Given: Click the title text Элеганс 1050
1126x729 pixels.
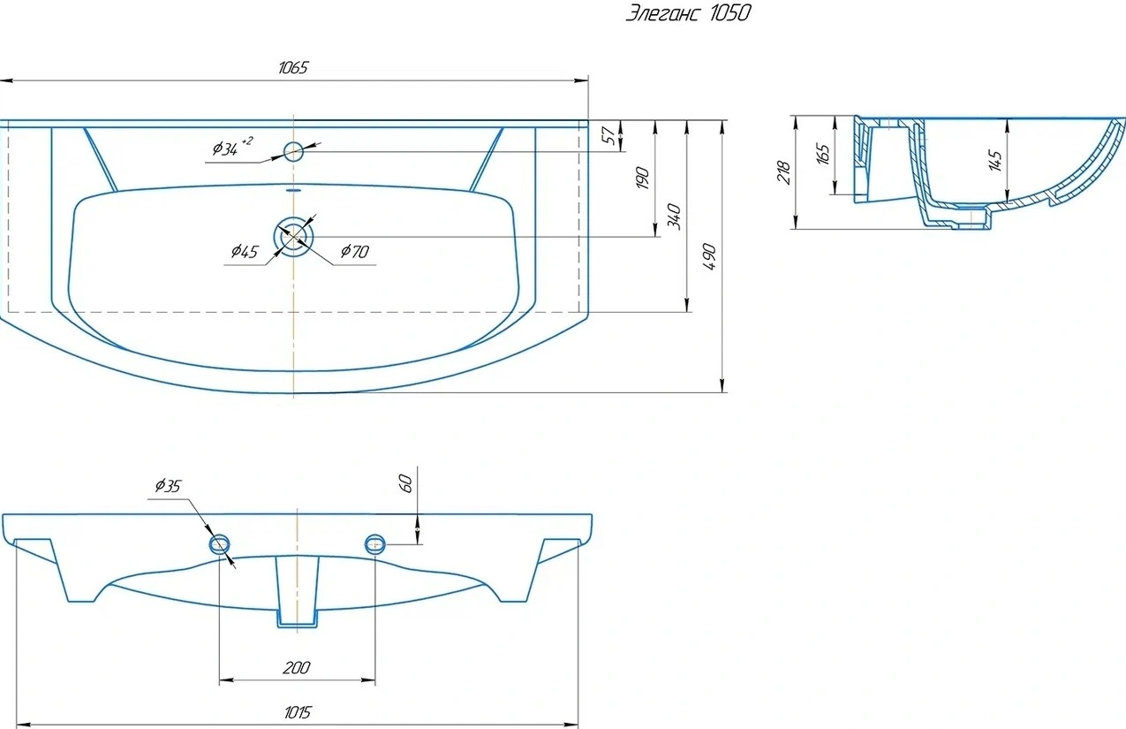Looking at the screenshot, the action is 688,13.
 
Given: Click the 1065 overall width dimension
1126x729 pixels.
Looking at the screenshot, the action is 293,67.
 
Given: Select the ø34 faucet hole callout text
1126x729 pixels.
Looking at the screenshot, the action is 232,147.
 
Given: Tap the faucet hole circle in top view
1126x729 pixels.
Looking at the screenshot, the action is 293,151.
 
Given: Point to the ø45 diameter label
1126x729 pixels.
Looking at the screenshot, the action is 245,251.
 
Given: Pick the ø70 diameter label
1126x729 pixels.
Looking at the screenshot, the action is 355,251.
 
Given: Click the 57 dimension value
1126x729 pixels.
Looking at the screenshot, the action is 608,135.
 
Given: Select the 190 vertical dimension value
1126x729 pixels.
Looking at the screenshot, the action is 642,178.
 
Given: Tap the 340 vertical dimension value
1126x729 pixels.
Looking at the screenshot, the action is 675,216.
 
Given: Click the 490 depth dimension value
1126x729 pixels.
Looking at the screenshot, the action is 709,256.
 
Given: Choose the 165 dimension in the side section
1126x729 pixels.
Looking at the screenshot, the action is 823,154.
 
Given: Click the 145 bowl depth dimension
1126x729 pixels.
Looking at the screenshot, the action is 994,160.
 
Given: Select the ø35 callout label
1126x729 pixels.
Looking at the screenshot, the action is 168,485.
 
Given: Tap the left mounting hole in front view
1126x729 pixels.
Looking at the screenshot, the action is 220,543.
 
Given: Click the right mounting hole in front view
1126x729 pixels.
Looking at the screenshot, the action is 375,543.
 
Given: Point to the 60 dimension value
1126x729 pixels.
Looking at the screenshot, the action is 406,483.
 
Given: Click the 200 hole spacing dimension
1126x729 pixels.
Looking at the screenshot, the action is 297,668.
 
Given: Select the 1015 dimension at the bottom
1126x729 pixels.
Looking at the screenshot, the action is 298,712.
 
